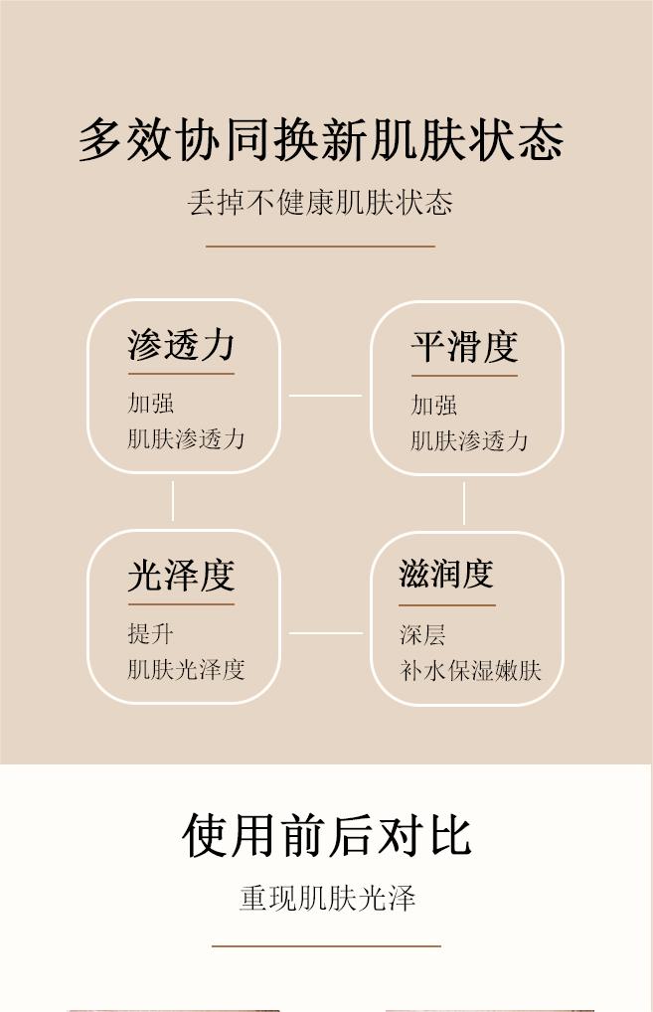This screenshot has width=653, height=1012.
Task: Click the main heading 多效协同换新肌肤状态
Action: coord(321,140)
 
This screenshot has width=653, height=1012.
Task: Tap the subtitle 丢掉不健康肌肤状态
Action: coord(320,203)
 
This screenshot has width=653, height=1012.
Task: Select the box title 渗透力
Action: coord(181,345)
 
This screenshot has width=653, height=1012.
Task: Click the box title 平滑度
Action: coord(464,347)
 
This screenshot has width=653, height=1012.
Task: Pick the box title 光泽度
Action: coord(181,576)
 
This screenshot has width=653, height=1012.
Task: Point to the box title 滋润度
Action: coord(446,574)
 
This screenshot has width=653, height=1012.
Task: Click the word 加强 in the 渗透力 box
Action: coord(151,404)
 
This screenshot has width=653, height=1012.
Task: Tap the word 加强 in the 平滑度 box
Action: coord(434,406)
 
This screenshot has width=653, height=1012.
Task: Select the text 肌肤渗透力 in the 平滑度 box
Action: coord(469,440)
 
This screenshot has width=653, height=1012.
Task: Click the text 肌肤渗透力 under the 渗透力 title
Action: coord(186,438)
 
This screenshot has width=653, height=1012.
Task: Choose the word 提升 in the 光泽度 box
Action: coord(151,634)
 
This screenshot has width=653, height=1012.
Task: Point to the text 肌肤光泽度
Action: coord(186,669)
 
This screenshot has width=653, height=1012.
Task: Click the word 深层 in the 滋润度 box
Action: coord(422,635)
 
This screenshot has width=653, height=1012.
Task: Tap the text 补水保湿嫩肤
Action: coord(470,670)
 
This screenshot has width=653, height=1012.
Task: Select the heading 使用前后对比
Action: coord(326,835)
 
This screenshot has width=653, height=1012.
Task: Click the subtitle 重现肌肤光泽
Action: coord(327,898)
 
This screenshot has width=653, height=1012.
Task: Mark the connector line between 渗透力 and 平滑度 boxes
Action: coord(325,396)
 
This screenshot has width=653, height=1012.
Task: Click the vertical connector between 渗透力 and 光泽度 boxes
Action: coord(173,501)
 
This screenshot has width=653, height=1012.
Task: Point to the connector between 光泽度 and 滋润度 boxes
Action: coord(325,632)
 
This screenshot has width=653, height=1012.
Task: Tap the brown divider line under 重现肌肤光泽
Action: coord(326,946)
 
